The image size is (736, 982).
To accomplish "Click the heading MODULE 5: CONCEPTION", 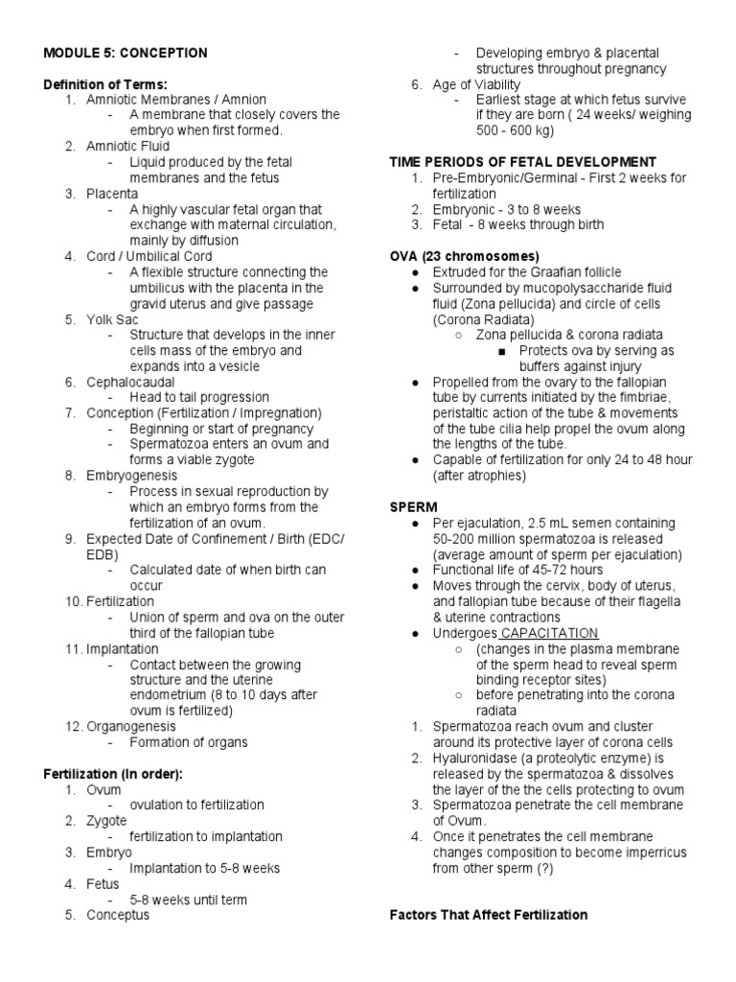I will click(126, 53).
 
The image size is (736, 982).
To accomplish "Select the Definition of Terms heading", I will click(105, 84).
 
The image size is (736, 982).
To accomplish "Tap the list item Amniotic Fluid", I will click(128, 147).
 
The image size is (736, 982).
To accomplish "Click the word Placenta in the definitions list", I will click(112, 194).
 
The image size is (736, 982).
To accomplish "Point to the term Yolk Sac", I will click(113, 319).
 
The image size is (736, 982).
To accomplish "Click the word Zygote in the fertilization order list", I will click(107, 820).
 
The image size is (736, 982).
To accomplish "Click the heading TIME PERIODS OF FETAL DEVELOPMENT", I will click(522, 162).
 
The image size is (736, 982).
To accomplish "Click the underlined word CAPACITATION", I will click(549, 633).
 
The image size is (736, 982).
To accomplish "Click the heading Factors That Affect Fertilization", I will click(489, 914).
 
